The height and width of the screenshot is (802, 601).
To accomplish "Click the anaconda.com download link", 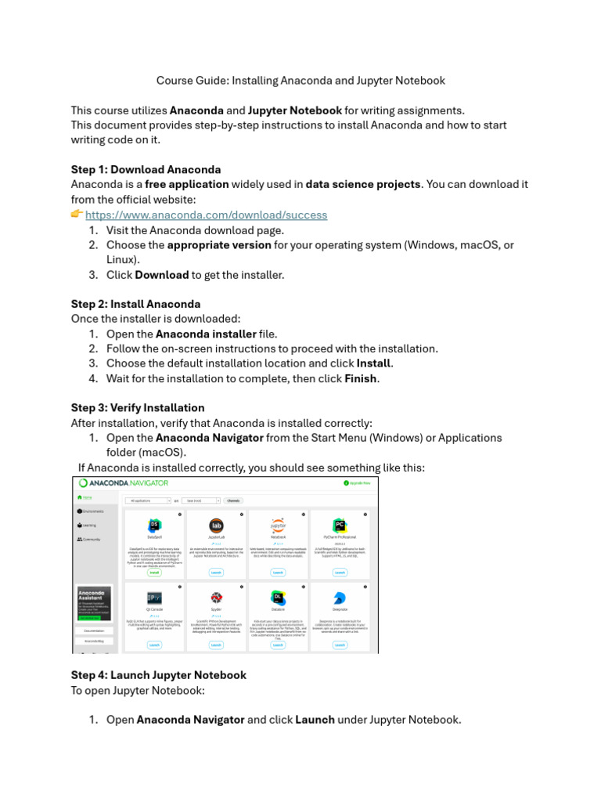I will [x=206, y=215].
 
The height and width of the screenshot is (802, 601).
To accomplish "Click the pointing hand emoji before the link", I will [x=77, y=214].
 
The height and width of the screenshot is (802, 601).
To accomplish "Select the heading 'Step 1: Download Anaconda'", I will [x=146, y=169].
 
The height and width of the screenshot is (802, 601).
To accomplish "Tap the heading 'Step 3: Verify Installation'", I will [x=138, y=407].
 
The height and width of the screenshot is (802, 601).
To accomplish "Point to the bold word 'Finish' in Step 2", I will [x=361, y=378].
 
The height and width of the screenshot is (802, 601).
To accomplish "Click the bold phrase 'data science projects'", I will [x=363, y=184].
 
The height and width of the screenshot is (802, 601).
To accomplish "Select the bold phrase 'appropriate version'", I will [x=219, y=244].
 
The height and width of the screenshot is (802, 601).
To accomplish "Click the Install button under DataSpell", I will [x=154, y=573].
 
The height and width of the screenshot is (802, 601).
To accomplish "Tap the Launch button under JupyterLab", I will [x=216, y=573].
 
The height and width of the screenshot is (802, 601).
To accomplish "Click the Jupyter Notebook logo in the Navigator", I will [x=278, y=526].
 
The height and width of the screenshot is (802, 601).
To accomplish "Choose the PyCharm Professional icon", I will [x=340, y=526].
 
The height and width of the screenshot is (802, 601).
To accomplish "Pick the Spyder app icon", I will [x=216, y=598].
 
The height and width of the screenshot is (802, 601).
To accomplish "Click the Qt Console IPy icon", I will [x=154, y=598].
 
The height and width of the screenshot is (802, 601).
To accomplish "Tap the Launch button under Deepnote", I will [x=340, y=645].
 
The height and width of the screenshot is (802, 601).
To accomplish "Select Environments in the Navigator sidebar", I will [x=93, y=511].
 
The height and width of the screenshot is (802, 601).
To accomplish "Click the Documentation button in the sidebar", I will [x=94, y=629].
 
